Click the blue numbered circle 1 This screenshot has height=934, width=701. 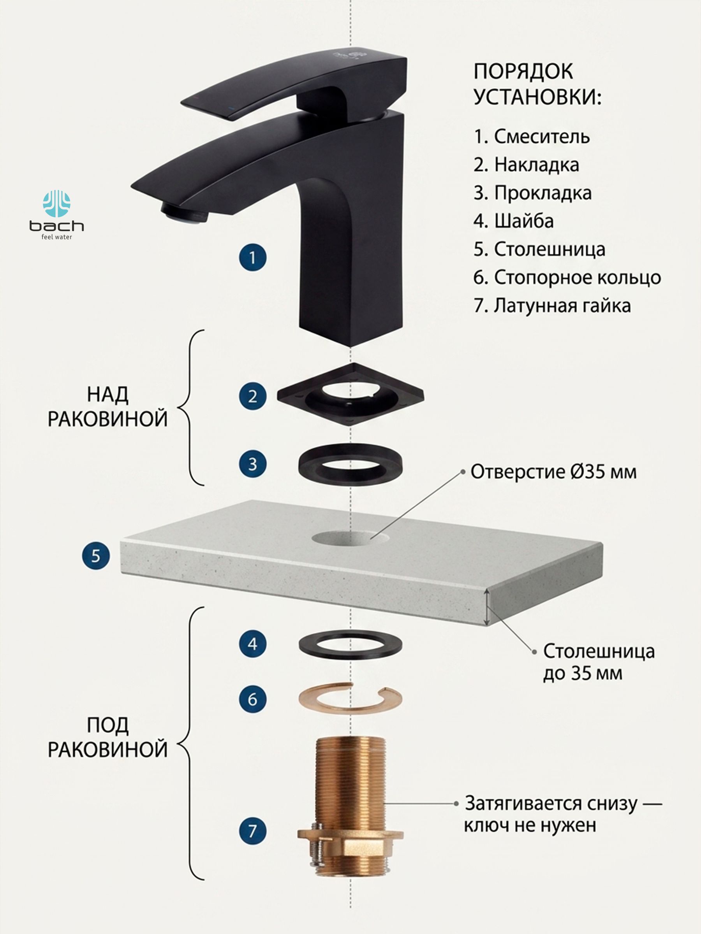coord(252,257)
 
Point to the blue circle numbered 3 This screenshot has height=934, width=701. coord(252,463)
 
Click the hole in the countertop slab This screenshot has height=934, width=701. coord(351,537)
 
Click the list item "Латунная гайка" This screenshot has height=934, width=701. coord(552,305)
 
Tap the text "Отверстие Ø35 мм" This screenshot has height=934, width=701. coord(553,472)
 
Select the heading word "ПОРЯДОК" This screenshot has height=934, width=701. coord(523,71)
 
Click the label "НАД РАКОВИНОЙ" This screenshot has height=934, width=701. coord(107,407)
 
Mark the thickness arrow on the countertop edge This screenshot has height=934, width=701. coord(488,607)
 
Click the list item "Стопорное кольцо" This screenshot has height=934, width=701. coord(567,277)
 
